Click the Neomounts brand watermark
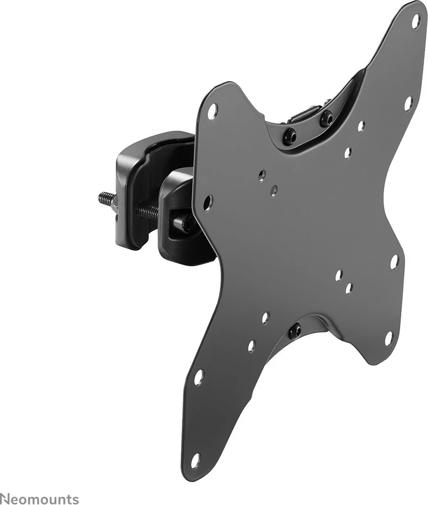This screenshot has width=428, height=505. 39,499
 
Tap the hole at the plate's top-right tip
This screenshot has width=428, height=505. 415,21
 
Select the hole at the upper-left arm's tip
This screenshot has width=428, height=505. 212,111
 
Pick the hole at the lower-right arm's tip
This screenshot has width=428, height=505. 389,339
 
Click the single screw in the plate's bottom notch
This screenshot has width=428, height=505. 295,330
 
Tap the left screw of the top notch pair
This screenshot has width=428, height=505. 289,136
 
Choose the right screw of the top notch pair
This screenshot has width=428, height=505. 326,118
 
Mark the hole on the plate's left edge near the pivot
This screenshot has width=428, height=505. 208,203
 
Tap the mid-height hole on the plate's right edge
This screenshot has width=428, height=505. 394,262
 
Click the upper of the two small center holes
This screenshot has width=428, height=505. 262,175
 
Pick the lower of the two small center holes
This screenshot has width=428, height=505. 274,190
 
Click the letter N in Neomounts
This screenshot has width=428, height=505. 4,499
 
